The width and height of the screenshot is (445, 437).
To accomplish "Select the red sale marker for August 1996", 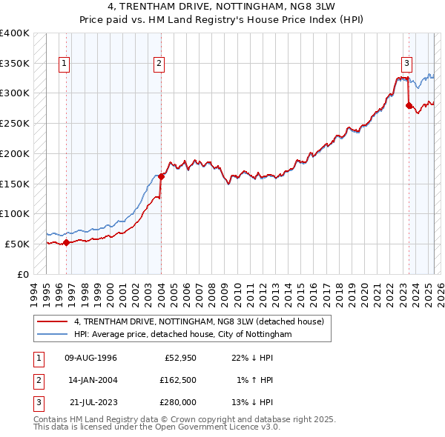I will tap(66, 241).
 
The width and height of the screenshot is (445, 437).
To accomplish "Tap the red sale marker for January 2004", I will tap(161, 176).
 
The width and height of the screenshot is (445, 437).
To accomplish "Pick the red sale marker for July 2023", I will tap(409, 105).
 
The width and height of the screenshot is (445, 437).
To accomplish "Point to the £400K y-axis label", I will tap(15, 33).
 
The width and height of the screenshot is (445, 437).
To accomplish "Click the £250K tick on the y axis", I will tap(15, 123).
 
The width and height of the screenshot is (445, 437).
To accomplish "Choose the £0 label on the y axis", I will tap(23, 274).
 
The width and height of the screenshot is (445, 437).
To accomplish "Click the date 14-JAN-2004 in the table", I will tap(91, 380).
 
